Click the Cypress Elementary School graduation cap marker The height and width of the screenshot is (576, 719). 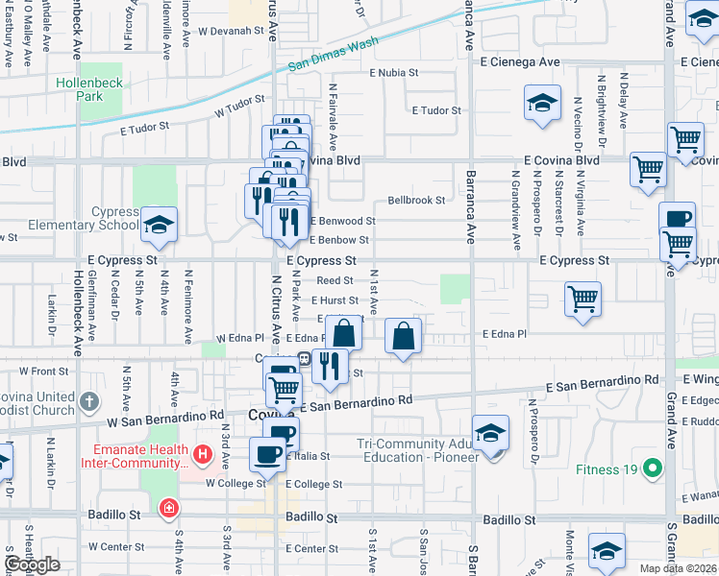coord(160,227)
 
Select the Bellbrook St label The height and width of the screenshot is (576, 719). coord(416,201)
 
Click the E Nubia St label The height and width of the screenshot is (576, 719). coord(394,72)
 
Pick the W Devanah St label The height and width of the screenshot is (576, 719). coord(231,31)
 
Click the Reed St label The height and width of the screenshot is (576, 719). coord(335,280)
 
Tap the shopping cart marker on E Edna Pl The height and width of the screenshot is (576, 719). coord(583,300)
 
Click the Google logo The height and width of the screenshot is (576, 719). coord(32,564)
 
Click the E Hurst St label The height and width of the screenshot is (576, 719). coord(335,300)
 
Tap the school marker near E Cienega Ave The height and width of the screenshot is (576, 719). coord(542,104)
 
